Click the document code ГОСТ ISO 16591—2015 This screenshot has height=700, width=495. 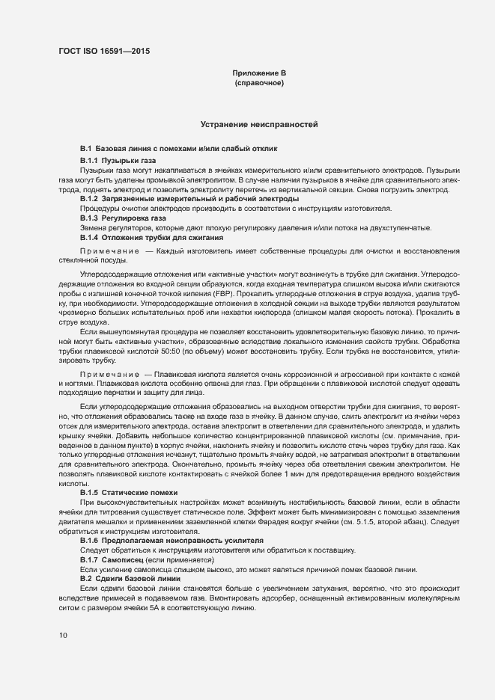[109, 52]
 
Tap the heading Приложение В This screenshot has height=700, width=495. [259, 73]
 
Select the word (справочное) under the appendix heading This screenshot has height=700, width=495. [259, 83]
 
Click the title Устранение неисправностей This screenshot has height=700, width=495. [259, 123]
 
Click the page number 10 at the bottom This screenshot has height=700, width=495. [62, 636]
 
